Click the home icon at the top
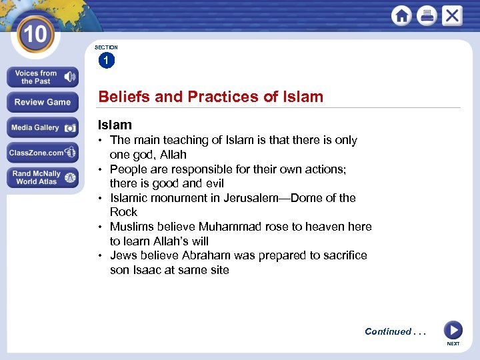[x=401, y=16]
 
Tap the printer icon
[x=427, y=16]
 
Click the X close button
[x=452, y=16]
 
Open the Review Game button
[x=43, y=102]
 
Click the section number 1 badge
[x=106, y=61]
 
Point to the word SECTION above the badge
[x=106, y=47]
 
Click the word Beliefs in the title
[x=123, y=97]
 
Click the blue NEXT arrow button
[x=453, y=330]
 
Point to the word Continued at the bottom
[x=387, y=331]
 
